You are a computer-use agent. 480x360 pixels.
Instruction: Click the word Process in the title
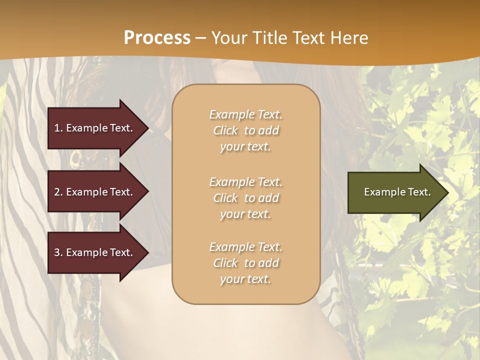[x=157, y=38]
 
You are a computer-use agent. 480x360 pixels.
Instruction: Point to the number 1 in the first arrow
[x=57, y=128]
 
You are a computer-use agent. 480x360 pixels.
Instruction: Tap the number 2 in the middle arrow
[x=57, y=192]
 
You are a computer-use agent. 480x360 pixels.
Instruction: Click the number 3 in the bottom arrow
[x=57, y=252]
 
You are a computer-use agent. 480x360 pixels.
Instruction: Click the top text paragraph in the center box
[x=245, y=130]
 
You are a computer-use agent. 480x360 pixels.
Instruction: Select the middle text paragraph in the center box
[x=245, y=198]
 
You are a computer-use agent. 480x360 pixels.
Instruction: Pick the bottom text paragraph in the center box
[x=245, y=263]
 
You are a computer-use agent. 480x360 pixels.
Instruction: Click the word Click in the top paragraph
[x=225, y=130]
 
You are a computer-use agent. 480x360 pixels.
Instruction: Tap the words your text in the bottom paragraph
[x=245, y=279]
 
